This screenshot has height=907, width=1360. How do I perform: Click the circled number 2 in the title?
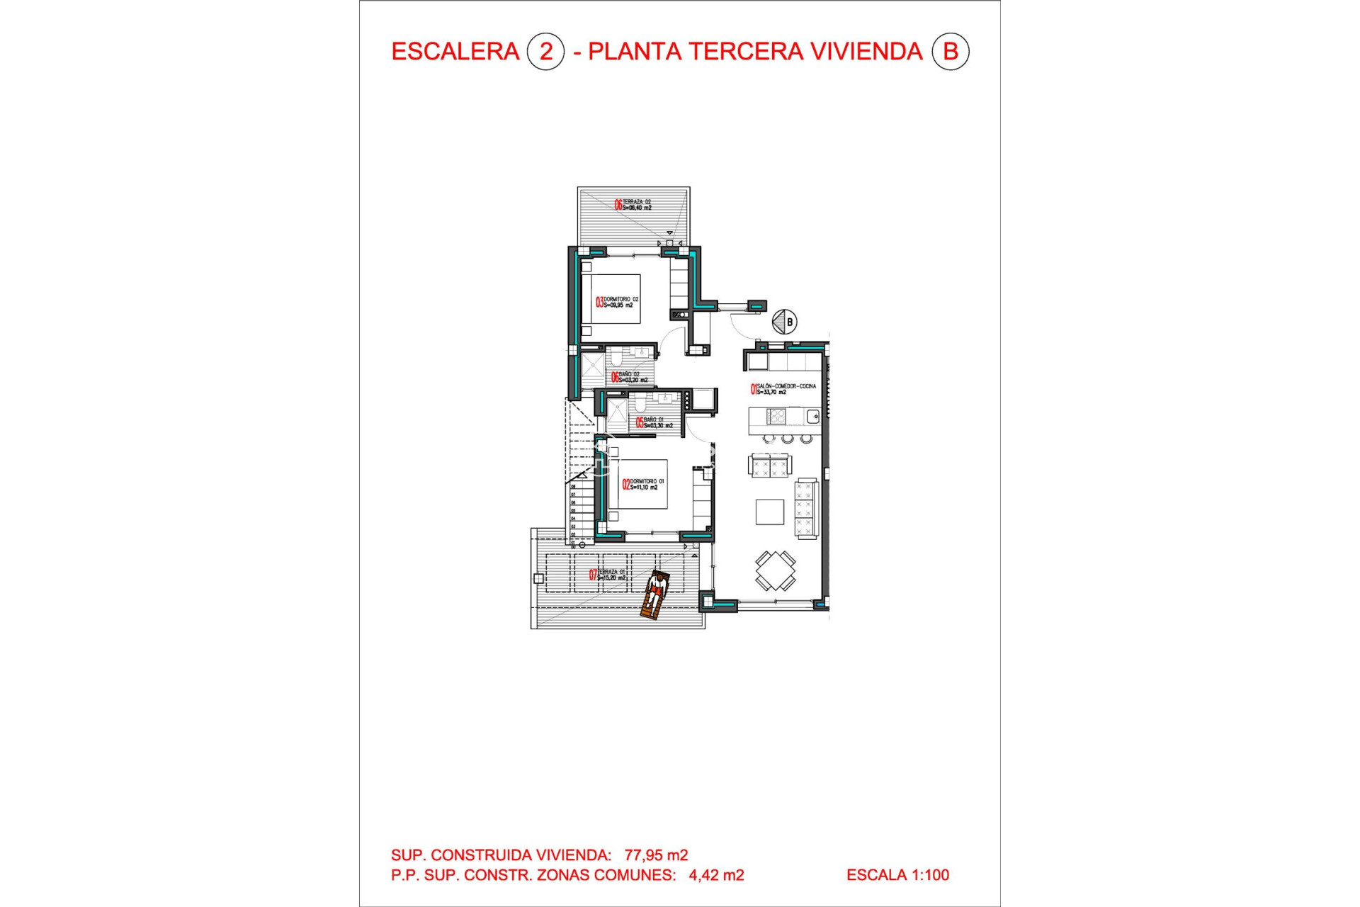pos(545,52)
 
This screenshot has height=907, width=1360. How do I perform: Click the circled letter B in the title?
pos(950,52)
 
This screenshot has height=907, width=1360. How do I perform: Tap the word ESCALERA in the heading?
pos(455,52)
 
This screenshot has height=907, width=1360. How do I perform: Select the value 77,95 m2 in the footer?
pos(656,855)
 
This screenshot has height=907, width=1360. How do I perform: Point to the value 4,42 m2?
pos(716,875)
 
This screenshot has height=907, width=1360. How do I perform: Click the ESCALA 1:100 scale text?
pos(897,875)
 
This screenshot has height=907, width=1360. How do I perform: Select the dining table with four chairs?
pos(775,570)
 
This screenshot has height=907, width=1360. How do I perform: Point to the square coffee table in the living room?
pos(769,512)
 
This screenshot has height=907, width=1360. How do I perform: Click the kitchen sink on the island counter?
pos(812,417)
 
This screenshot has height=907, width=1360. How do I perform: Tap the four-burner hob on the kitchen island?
pos(776,417)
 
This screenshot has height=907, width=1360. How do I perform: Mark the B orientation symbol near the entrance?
pos(785,322)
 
